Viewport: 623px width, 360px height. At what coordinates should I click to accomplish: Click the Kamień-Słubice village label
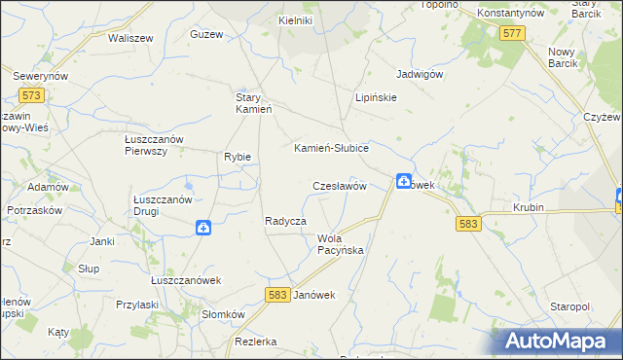point(331,148)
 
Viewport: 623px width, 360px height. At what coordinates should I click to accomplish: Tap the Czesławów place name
point(338,185)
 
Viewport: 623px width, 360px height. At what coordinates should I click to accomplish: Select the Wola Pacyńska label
point(340,244)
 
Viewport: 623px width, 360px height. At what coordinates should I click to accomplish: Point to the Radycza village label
point(285,222)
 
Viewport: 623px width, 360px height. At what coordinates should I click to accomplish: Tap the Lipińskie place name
point(375,98)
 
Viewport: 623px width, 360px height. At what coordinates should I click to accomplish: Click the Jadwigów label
point(421,74)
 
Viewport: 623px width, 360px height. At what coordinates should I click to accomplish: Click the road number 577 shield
point(513,34)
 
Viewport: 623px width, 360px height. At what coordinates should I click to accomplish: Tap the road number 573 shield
point(31,95)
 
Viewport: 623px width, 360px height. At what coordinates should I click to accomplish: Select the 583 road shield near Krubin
point(467,224)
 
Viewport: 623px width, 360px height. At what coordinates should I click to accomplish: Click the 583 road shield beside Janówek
point(276,294)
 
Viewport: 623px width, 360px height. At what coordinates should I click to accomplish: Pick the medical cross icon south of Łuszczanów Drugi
point(203,228)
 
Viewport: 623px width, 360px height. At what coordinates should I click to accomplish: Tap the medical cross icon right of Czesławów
point(403,181)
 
